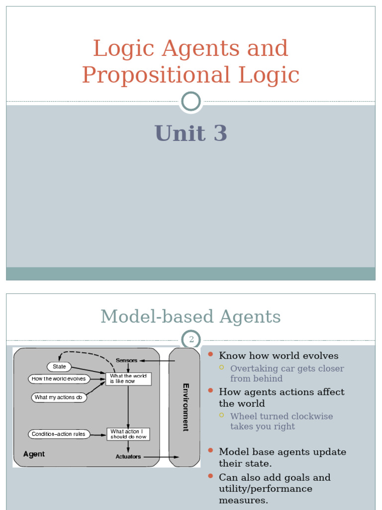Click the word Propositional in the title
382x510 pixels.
pos(156,75)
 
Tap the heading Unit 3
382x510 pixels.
pos(191,133)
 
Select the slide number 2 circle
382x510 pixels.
pos(191,340)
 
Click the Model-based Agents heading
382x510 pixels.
pos(191,317)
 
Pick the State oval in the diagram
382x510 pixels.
pos(59,367)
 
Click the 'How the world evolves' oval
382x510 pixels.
pos(59,379)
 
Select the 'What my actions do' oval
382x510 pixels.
pos(59,397)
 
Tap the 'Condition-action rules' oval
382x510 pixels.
pos(59,434)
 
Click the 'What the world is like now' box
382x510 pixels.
pos(128,379)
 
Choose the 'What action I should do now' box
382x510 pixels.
pos(128,434)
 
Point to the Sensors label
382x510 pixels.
pos(127,360)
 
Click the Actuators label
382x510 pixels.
pos(128,456)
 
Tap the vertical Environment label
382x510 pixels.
pos(186,407)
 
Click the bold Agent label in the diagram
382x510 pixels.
pos(34,454)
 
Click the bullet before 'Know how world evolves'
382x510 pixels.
pos(210,355)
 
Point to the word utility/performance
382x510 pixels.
pos(266,489)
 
